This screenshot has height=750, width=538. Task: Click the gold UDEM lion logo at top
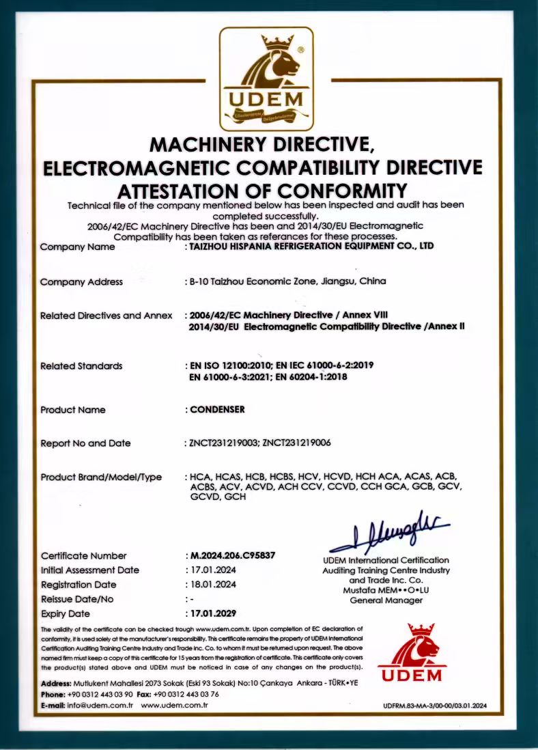click(266, 78)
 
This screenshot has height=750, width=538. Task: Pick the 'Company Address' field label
click(82, 281)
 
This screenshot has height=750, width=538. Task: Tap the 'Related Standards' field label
click(82, 366)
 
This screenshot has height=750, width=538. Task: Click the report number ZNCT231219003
click(223, 443)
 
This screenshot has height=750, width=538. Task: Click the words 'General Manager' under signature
click(386, 600)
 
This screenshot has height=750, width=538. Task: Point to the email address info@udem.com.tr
click(100, 705)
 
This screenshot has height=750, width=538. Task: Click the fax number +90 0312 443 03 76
click(187, 694)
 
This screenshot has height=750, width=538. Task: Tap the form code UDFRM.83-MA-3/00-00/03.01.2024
click(434, 705)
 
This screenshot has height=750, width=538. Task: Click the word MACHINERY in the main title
click(210, 145)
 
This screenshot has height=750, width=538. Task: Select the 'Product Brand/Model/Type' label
click(101, 477)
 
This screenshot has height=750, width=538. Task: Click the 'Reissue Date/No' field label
click(77, 599)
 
